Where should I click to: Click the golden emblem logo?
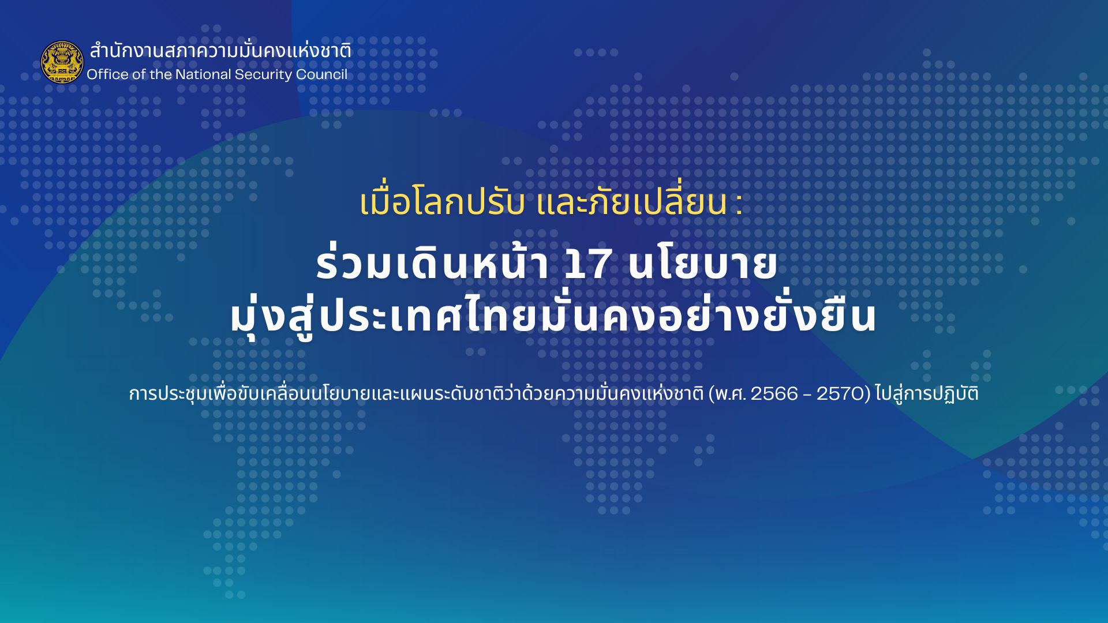pos(62,62)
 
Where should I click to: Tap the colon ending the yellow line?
pos(739,207)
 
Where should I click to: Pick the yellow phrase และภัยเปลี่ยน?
pos(631,202)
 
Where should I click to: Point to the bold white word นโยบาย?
pos(703,266)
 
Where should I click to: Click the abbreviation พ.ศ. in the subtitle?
pos(729,395)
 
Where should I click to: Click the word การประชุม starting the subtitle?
pos(167,395)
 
